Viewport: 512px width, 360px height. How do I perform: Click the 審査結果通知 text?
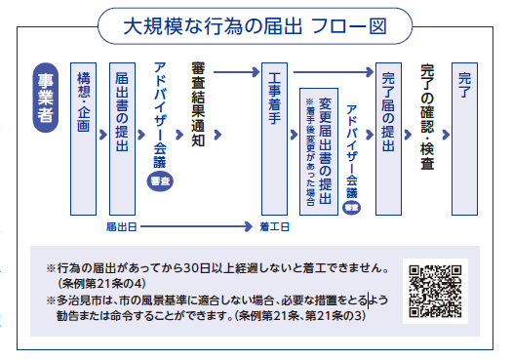pos(198,102)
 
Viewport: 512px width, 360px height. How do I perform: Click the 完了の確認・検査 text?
pos(426,102)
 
